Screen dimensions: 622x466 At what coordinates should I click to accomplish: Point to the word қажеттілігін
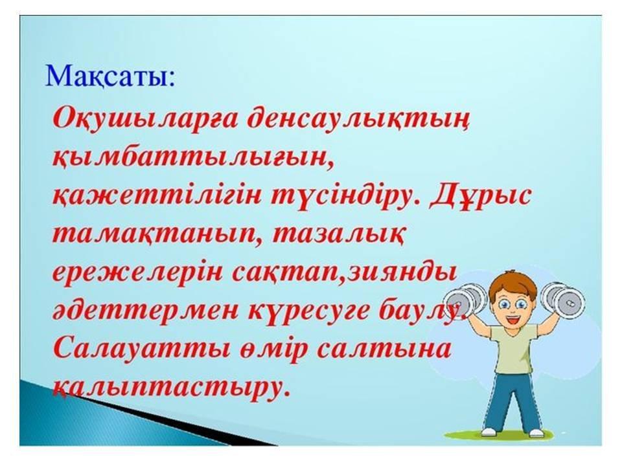coord(157,197)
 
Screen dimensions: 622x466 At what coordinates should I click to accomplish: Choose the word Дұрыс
coord(480,196)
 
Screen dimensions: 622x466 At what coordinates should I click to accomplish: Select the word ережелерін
coord(137,273)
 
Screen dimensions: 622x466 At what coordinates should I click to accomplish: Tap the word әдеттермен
coord(146,311)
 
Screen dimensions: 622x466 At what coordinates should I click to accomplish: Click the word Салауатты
coord(142,349)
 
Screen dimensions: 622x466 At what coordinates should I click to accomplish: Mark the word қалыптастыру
coord(169,388)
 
